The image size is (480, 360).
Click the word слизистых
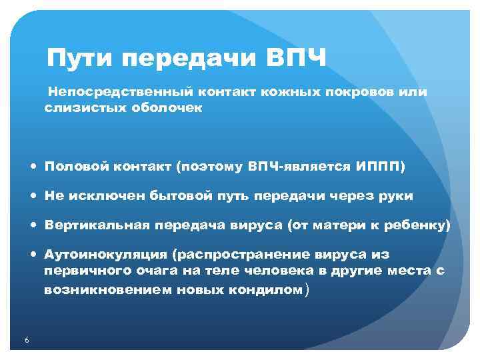coord(77,106)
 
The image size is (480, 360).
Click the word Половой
coord(74,167)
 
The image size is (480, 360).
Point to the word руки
coord(395,196)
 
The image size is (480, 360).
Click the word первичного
coord(83,272)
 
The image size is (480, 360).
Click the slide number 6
coord(26,341)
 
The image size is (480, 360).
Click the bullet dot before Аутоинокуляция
coord(33,255)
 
